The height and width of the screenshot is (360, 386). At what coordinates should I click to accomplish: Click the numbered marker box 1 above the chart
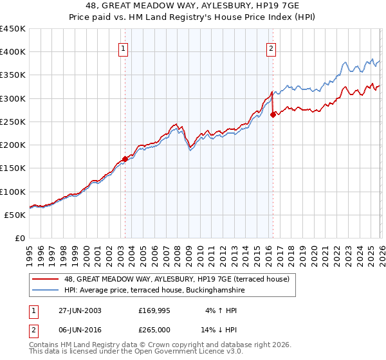[x=123, y=48]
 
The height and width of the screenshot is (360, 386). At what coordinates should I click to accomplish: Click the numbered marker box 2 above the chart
[x=271, y=48]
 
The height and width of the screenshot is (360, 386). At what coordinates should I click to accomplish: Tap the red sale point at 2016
[x=273, y=114]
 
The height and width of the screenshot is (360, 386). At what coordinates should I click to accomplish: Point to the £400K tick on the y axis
[x=12, y=52]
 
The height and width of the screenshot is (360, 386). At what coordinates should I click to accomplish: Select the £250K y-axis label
[x=12, y=122]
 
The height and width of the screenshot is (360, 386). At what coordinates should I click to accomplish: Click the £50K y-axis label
[x=15, y=215]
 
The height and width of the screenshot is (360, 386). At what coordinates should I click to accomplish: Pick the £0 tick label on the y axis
[x=20, y=238]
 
